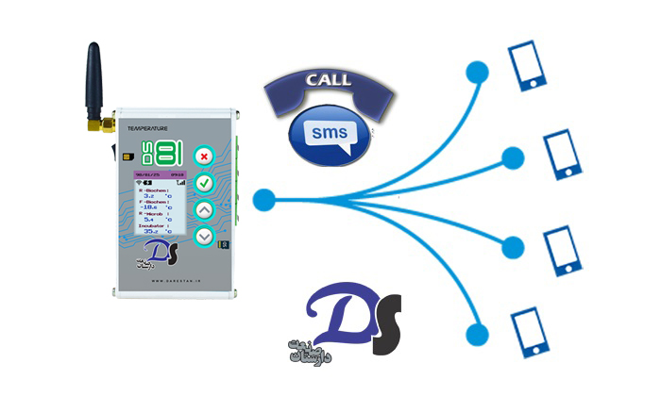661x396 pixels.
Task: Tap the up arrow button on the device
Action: pos(204,209)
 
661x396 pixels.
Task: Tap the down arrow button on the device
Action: pos(204,237)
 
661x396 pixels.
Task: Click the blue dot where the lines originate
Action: pos(264,199)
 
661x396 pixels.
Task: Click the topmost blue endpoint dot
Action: pos(480,71)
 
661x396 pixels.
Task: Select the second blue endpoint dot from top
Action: pos(514,156)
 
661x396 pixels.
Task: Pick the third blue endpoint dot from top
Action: pos(513,248)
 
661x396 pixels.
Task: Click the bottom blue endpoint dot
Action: pos(480,332)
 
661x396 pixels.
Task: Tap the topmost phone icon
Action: pos(527,63)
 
